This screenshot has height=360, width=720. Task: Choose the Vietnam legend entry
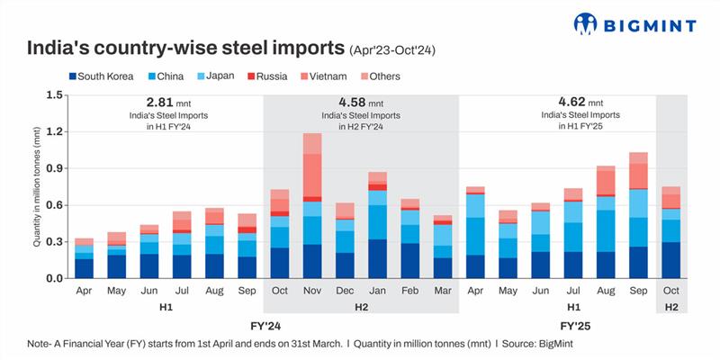pos(322,76)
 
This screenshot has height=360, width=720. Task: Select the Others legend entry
pos(379,76)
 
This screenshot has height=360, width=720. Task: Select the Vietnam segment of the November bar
pos(312,175)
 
